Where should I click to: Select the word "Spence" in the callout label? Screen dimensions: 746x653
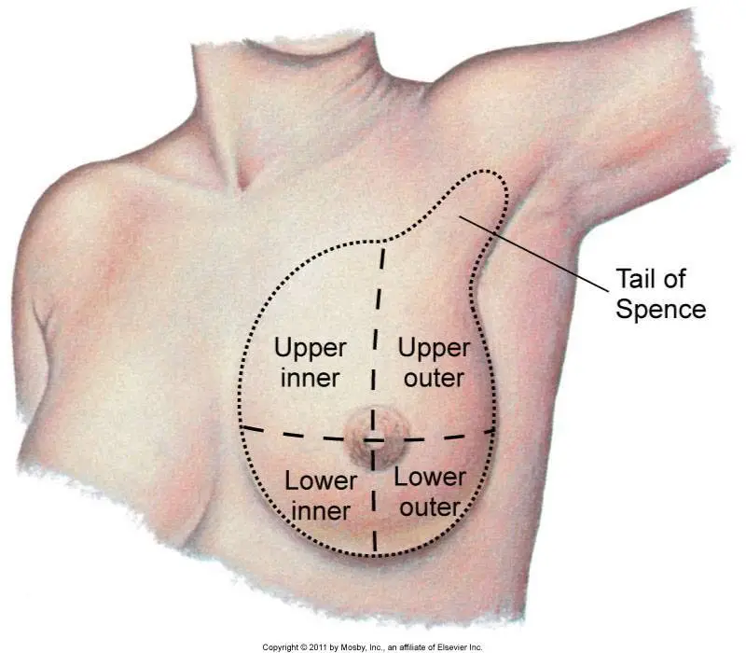tap(660, 309)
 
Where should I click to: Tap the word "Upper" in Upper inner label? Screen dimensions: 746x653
tap(311, 349)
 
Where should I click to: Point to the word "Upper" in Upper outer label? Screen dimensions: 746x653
tap(433, 349)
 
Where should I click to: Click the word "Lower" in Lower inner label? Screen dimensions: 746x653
tap(321, 481)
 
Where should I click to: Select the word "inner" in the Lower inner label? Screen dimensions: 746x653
tap(320, 510)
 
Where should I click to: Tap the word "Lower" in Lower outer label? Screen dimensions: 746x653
tap(430, 478)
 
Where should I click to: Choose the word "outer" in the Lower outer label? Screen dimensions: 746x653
tap(431, 507)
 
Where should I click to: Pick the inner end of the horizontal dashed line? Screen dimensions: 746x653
tap(242, 427)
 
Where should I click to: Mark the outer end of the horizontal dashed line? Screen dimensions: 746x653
tap(491, 432)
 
